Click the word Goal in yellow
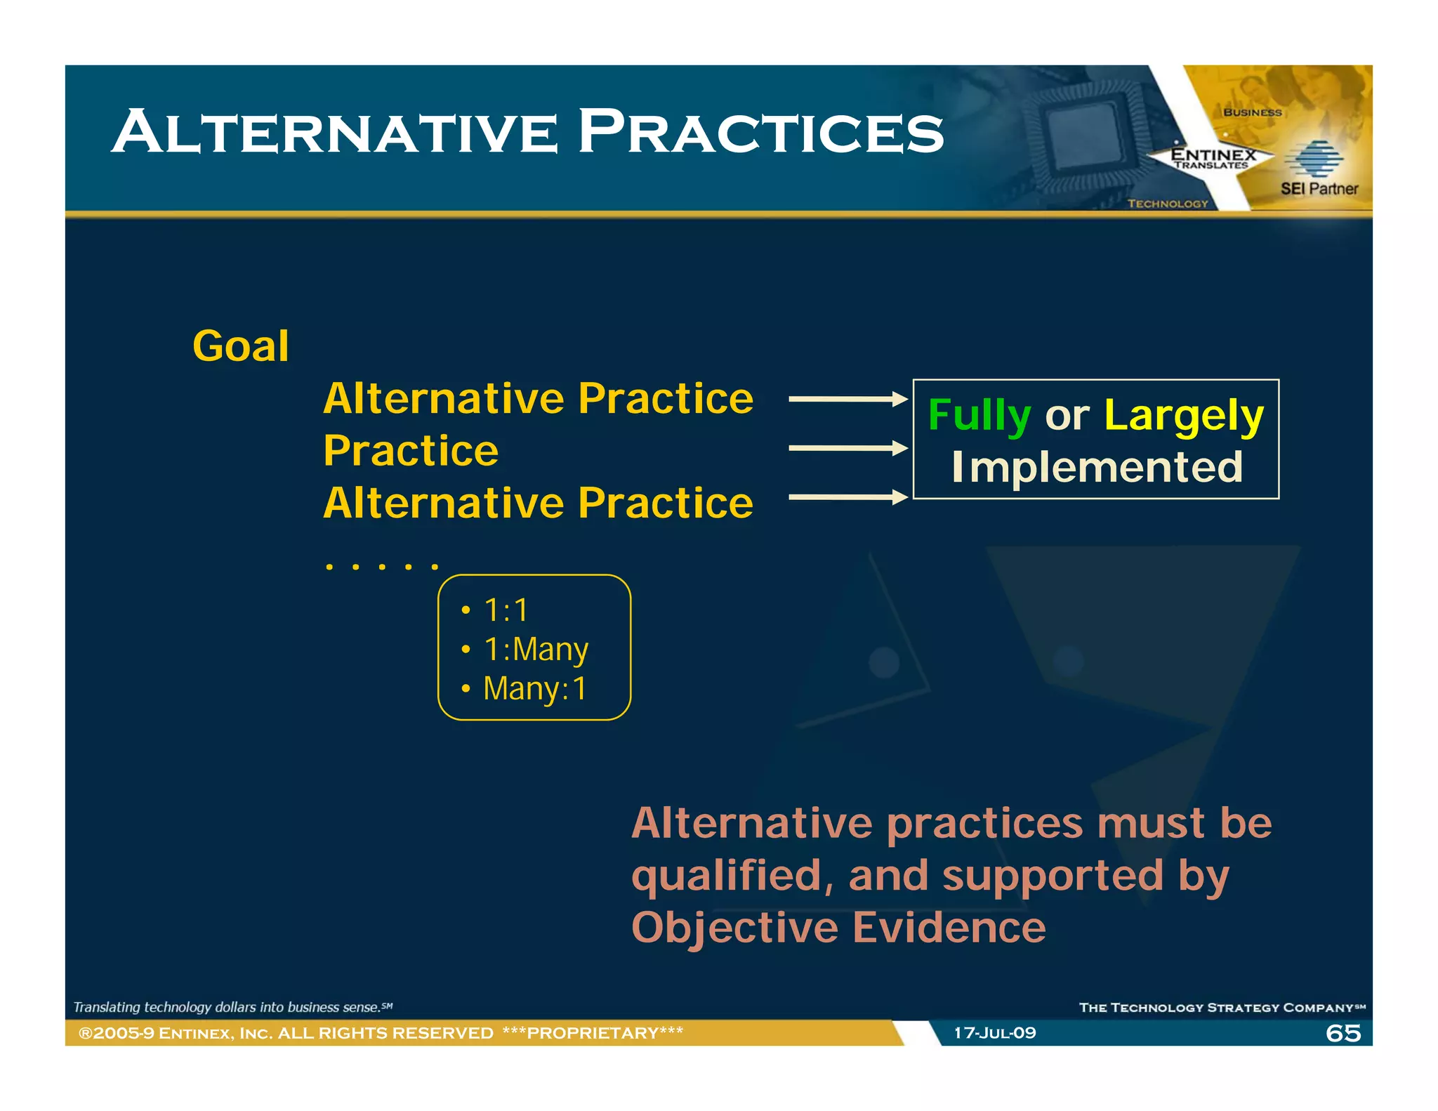(240, 346)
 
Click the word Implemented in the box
(1097, 467)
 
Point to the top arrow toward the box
(847, 399)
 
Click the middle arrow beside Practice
(847, 448)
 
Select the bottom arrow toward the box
(847, 497)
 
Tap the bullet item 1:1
(506, 610)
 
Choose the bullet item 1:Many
(536, 649)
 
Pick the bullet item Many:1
(534, 688)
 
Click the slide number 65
(1343, 1033)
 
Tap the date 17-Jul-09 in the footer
(994, 1033)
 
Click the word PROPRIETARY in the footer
(593, 1033)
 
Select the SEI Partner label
(1319, 188)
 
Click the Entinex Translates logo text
(1213, 158)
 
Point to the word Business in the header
(1252, 112)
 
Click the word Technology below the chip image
(1168, 204)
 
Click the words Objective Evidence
(838, 927)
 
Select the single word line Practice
(411, 450)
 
